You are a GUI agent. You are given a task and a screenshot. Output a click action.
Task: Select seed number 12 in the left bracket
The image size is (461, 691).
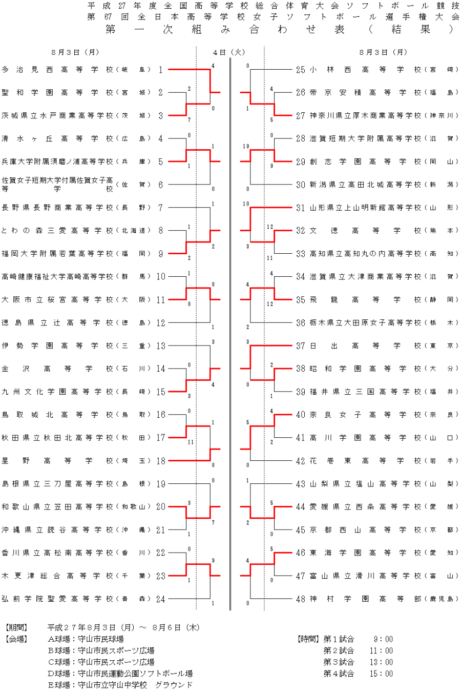161,323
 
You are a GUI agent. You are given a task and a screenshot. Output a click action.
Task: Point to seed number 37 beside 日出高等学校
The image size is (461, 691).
301,346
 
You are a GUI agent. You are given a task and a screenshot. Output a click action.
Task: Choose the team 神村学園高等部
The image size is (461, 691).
364,599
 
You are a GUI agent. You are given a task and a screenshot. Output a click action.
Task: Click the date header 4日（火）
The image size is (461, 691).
229,52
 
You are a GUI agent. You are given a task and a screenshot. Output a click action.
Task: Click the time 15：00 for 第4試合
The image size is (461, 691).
382,674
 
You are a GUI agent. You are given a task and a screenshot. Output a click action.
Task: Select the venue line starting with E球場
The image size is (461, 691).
120,685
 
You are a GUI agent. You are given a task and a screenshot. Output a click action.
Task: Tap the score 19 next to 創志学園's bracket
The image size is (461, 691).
246,147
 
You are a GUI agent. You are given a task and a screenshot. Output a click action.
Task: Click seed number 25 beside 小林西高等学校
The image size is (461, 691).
301,70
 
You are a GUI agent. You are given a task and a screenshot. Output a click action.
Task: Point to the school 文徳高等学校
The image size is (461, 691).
366,231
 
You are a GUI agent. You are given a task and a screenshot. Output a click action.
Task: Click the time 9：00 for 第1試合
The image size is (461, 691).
383,639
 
